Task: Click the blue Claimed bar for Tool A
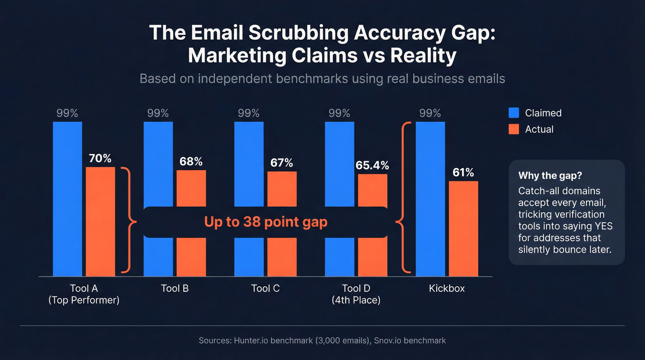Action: [x=67, y=198]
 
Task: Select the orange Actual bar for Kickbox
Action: [x=463, y=228]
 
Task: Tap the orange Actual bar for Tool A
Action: [x=100, y=221]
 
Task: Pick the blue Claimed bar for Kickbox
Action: [x=430, y=198]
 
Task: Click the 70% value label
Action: [x=100, y=159]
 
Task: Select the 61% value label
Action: [x=463, y=172]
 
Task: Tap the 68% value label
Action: [x=191, y=162]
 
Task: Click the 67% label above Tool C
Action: [x=281, y=163]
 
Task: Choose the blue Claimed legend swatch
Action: [x=514, y=113]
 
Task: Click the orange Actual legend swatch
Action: [x=514, y=129]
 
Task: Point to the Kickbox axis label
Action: [x=447, y=289]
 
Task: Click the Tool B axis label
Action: [x=175, y=289]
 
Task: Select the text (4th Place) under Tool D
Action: [x=356, y=301]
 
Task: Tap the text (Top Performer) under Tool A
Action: [x=84, y=301]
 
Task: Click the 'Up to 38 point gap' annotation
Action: [x=265, y=222]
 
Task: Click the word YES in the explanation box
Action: [x=603, y=226]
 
